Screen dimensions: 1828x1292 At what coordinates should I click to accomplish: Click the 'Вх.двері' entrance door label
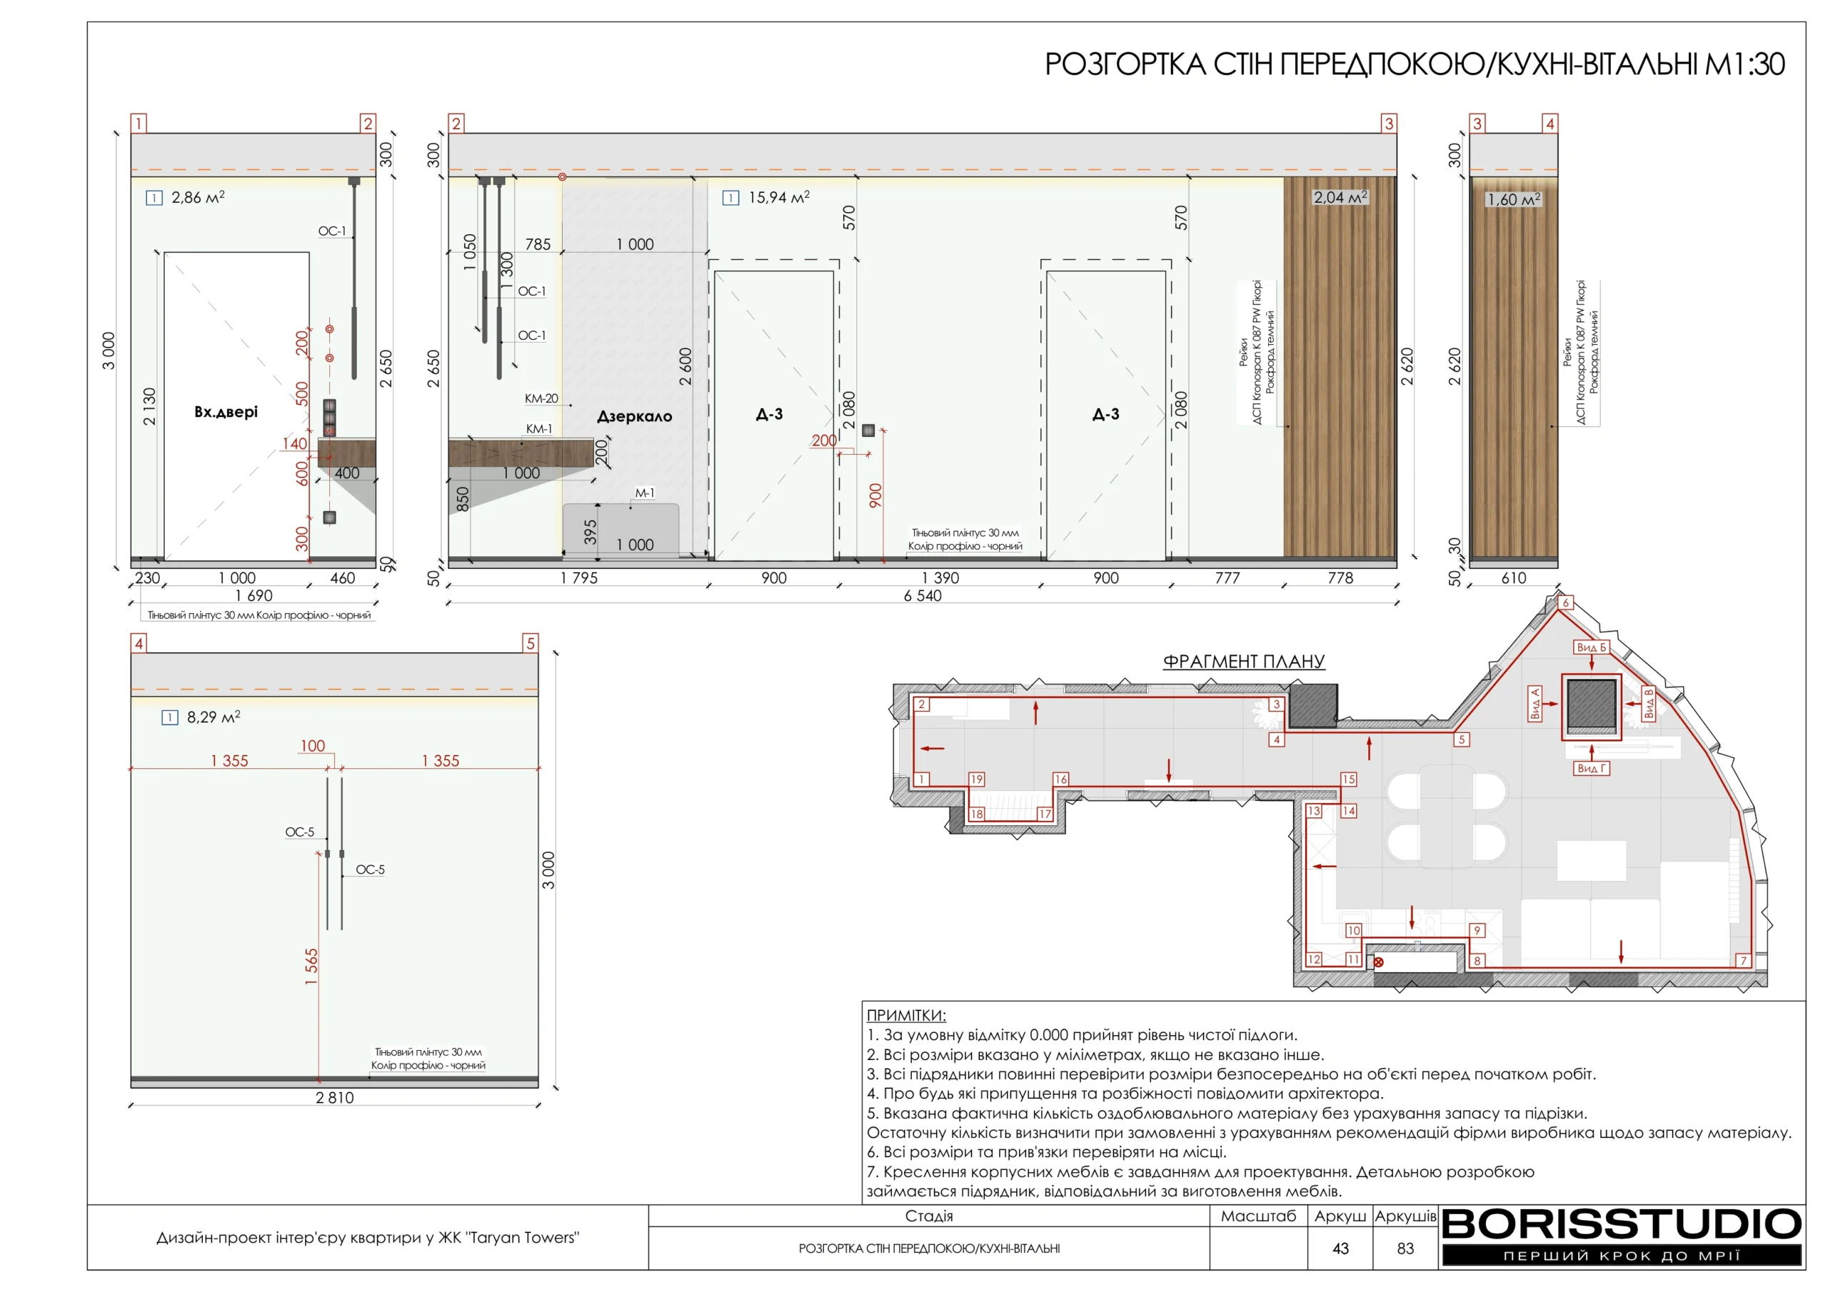click(226, 412)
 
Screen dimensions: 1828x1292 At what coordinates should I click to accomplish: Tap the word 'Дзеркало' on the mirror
click(635, 416)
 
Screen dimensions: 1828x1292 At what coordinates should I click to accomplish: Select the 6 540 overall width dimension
click(923, 595)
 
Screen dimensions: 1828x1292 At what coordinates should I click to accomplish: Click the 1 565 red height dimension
click(311, 967)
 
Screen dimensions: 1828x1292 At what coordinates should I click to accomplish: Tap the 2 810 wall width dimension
click(334, 1098)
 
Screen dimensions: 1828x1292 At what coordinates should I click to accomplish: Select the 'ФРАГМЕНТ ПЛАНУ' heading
click(1244, 661)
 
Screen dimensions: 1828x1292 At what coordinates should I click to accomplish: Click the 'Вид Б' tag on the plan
click(1592, 647)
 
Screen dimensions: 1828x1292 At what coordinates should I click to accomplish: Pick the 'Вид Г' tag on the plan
click(1592, 768)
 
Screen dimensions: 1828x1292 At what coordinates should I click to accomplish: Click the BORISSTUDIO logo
click(1622, 1224)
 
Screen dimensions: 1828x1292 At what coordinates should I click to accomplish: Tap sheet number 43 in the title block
click(1341, 1248)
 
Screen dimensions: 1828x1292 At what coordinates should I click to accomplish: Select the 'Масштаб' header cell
click(1259, 1216)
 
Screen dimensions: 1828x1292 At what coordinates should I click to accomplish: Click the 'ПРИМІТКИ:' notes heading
click(906, 1015)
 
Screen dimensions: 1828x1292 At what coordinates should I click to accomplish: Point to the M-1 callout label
click(645, 493)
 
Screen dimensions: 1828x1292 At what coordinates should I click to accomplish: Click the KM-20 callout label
click(541, 398)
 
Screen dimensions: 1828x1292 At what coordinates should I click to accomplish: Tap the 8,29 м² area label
click(214, 717)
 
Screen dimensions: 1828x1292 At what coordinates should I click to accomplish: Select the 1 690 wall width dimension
click(254, 595)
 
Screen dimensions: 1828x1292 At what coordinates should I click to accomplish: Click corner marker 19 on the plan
click(977, 779)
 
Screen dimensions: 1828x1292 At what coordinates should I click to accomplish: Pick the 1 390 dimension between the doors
click(940, 578)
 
